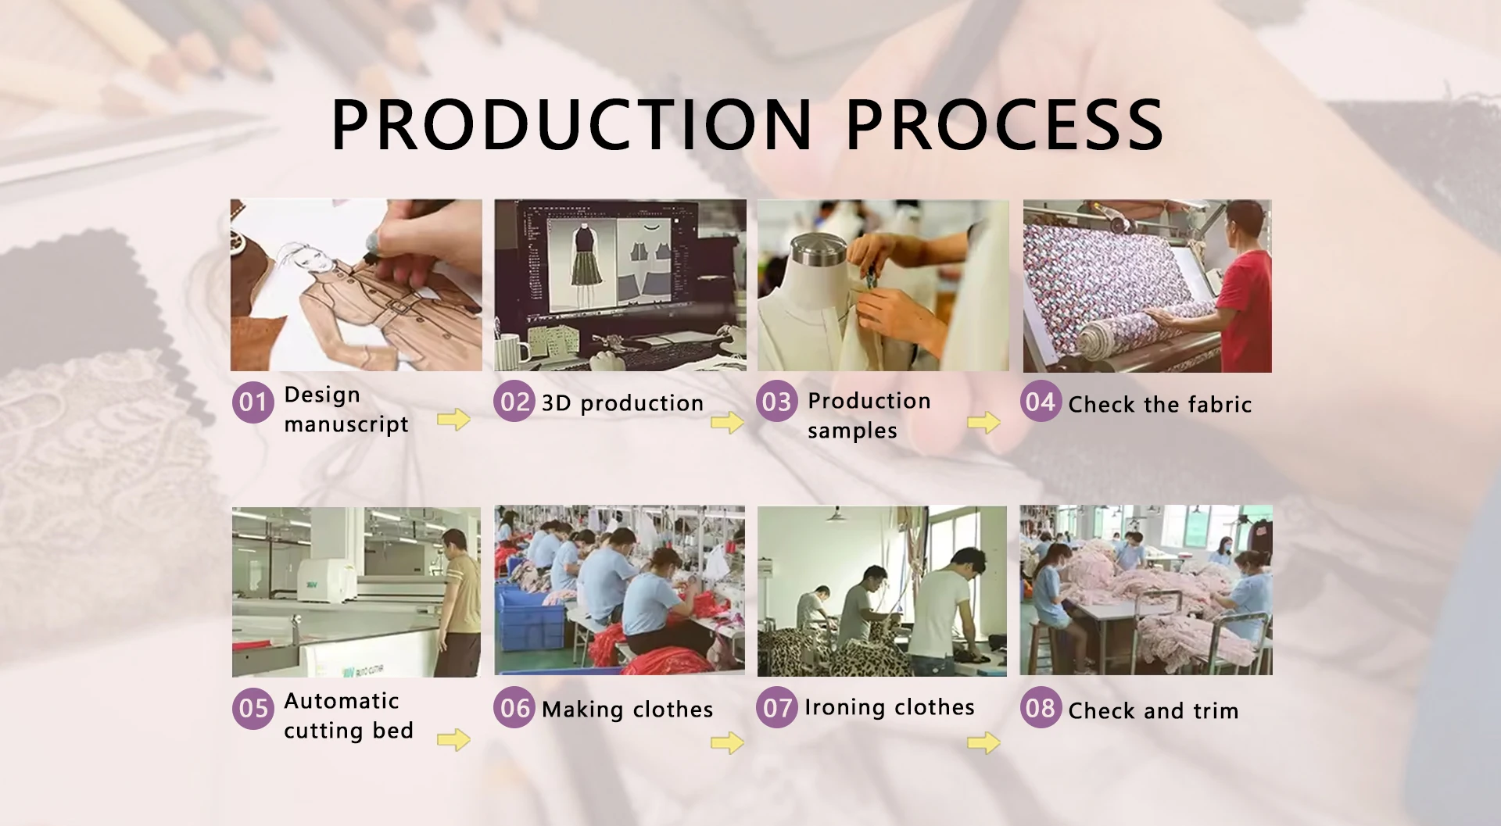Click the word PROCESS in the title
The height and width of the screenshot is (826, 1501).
1005,124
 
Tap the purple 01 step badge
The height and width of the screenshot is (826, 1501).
253,402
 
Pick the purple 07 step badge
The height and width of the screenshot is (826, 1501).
776,707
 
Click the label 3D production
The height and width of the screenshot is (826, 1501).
623,403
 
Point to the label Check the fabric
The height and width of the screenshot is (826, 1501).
1160,404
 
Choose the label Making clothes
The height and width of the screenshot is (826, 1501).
627,710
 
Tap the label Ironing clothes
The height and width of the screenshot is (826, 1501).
890,707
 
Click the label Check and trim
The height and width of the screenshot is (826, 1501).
1153,710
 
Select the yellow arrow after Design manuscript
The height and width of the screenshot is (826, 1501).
453,420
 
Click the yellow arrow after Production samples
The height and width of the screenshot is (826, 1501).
983,423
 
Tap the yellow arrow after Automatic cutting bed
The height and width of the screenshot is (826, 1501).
453,739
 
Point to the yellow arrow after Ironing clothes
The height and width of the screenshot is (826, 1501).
983,743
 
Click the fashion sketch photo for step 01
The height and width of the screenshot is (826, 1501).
356,285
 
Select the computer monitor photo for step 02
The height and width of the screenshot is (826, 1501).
620,285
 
